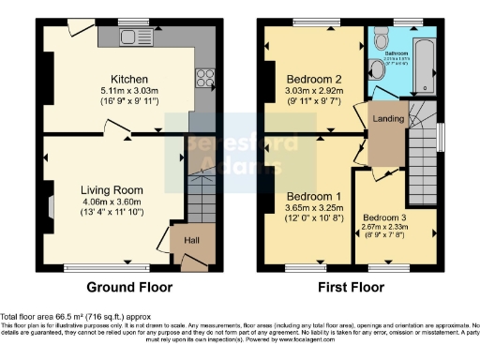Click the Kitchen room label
click(x=127, y=79)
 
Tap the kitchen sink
click(x=125, y=37)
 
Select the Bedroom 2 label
click(x=311, y=79)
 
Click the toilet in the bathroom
click(x=380, y=40)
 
